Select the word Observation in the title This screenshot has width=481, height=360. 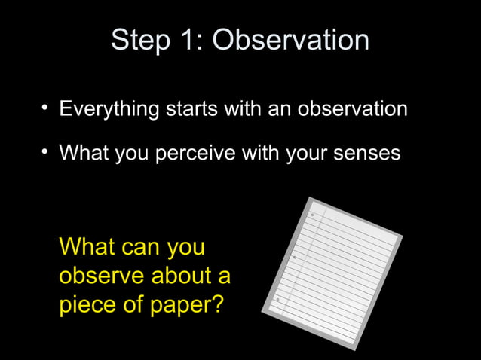(290, 41)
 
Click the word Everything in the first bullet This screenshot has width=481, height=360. (109, 110)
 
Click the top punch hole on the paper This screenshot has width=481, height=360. (312, 215)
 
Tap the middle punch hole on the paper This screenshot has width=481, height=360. (294, 257)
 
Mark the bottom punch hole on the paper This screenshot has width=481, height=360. (277, 299)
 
